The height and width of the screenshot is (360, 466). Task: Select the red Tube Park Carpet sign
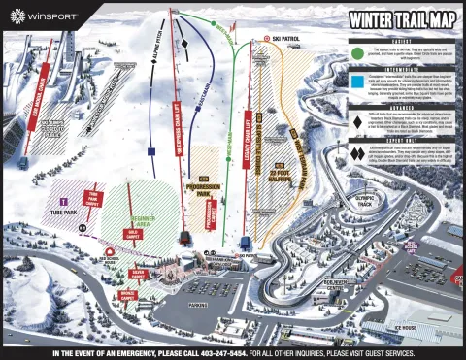[x=94, y=199]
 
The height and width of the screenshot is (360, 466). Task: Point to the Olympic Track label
[x=365, y=202]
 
